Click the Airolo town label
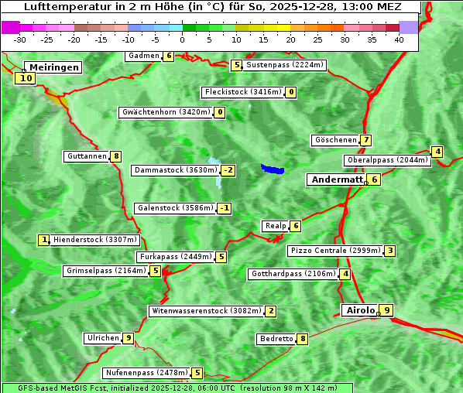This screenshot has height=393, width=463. [x=360, y=310]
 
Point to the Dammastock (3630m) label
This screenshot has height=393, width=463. [x=175, y=170]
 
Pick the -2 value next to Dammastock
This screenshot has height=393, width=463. [x=228, y=170]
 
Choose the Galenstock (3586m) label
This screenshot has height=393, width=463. [x=174, y=208]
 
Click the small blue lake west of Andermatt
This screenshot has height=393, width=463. [x=273, y=169]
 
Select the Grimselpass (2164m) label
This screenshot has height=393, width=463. [x=106, y=271]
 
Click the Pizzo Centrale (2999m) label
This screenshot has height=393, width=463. [x=334, y=251]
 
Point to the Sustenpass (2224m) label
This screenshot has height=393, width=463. [x=285, y=65]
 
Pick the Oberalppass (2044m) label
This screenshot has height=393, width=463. [x=386, y=160]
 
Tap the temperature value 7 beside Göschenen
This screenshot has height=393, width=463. [x=366, y=140]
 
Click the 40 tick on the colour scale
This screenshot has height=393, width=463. [x=399, y=39]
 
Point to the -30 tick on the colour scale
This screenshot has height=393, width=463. [x=20, y=39]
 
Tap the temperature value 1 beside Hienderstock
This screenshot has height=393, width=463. [x=44, y=240]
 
